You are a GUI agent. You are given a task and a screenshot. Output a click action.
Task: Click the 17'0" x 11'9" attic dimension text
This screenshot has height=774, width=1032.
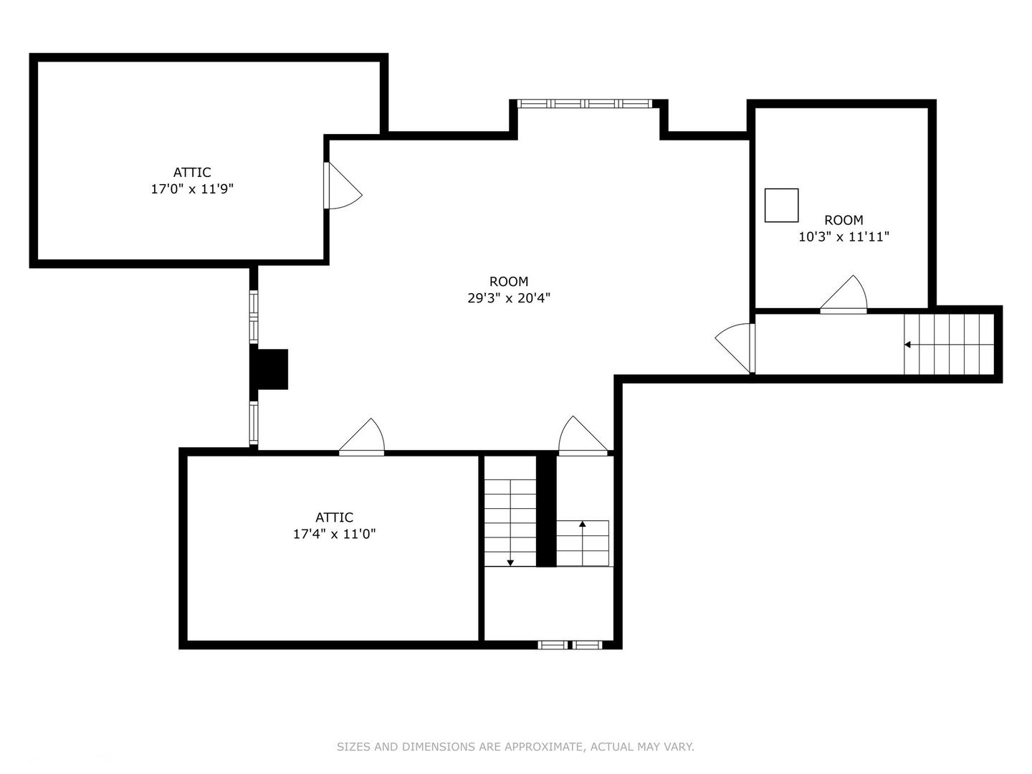point(192,189)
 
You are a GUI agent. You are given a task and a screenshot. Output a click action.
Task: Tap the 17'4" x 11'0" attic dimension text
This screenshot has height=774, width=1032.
point(334,534)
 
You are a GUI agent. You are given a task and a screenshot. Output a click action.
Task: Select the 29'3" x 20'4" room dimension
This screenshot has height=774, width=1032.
point(509,298)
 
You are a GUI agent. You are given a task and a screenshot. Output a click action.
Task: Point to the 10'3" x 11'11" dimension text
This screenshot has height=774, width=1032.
point(844,236)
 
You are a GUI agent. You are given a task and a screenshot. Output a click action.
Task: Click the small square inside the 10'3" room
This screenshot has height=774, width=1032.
point(781,205)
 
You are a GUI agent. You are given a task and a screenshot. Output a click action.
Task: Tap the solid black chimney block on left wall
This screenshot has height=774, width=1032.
point(271,369)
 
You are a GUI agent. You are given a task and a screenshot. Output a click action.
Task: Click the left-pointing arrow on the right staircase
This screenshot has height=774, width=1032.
point(908,345)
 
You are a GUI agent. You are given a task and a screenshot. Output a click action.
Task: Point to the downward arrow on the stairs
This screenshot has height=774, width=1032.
point(510,562)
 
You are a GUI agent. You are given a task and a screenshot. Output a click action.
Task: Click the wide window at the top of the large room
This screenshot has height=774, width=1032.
point(585,104)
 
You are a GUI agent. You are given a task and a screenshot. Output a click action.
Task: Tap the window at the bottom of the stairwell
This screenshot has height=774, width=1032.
point(570,645)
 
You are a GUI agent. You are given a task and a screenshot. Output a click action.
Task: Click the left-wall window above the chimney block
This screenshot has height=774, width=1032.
point(254,316)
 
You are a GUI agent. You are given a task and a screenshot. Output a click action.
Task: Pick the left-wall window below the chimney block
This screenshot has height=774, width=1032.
point(254,423)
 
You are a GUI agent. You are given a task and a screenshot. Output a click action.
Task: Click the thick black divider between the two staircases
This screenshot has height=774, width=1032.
point(546,510)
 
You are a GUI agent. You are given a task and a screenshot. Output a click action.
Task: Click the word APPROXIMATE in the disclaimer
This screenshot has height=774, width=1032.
point(532,747)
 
